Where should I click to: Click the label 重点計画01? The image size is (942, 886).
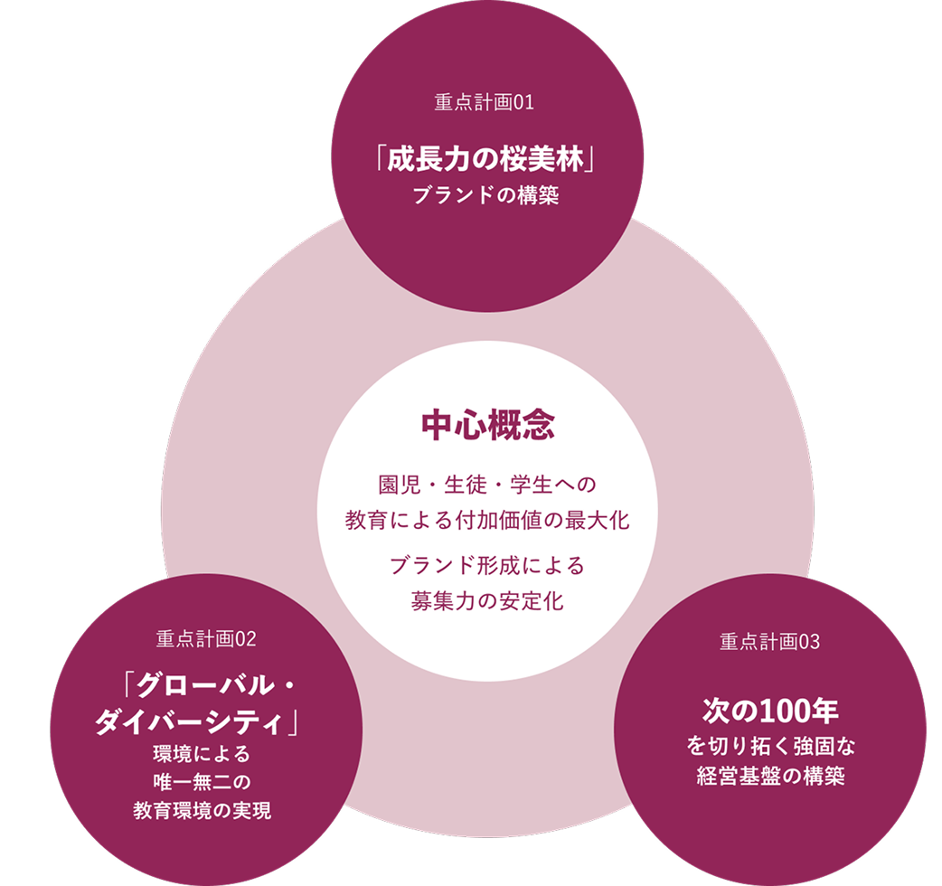[485, 102]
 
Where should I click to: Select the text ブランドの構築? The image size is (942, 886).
[485, 195]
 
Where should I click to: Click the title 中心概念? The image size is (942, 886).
[487, 425]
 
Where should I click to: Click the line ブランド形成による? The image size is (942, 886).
[487, 566]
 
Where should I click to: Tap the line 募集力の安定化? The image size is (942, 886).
[487, 601]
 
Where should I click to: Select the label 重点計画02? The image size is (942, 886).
[206, 640]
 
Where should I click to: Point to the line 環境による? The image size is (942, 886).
[206, 754]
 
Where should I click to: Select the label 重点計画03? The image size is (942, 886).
[769, 643]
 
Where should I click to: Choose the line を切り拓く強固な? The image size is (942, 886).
[770, 747]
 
